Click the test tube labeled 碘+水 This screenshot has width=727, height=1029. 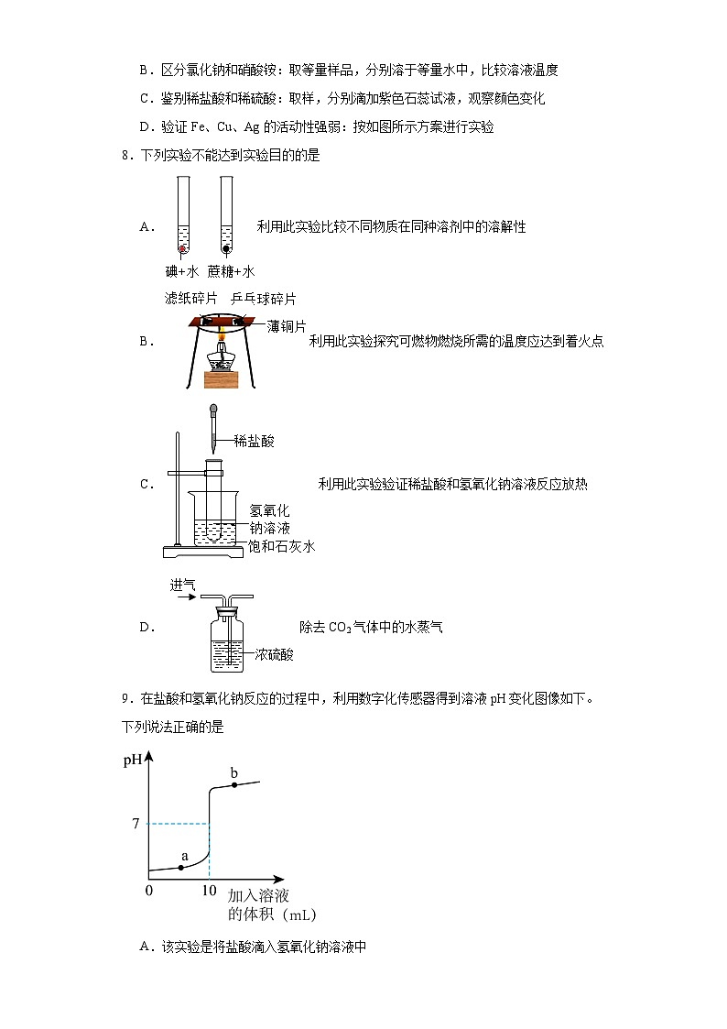click(x=182, y=216)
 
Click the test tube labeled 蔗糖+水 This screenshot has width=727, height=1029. click(x=225, y=216)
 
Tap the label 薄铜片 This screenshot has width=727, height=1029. click(x=287, y=326)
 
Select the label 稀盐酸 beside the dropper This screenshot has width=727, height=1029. click(x=255, y=441)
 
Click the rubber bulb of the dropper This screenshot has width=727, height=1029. click(x=213, y=409)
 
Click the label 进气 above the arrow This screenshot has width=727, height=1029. click(x=182, y=585)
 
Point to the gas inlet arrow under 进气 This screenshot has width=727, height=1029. click(x=183, y=597)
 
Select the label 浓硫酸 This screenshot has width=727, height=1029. click(x=275, y=654)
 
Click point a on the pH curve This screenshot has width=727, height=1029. click(x=181, y=867)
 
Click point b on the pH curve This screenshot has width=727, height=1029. click(x=234, y=786)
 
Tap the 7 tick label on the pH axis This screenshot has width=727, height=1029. click(x=135, y=824)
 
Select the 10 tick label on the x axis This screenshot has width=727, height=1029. click(x=209, y=891)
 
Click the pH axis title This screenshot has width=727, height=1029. click(x=133, y=761)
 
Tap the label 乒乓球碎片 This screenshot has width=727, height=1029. click(x=264, y=299)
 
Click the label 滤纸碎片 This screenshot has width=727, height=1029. click(x=191, y=299)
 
